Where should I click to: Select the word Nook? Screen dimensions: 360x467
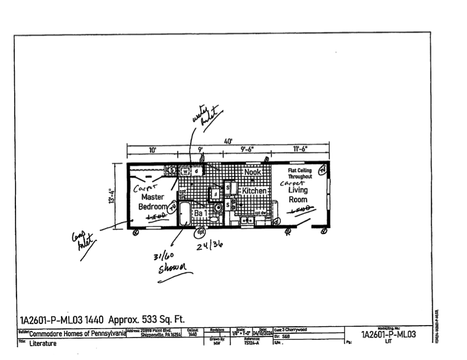click(x=252, y=172)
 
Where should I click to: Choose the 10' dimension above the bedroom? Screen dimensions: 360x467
click(x=152, y=150)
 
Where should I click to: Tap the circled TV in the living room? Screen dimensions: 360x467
click(x=322, y=171)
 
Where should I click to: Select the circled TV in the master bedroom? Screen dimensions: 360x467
click(x=172, y=208)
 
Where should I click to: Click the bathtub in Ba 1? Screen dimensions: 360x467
click(x=184, y=214)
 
